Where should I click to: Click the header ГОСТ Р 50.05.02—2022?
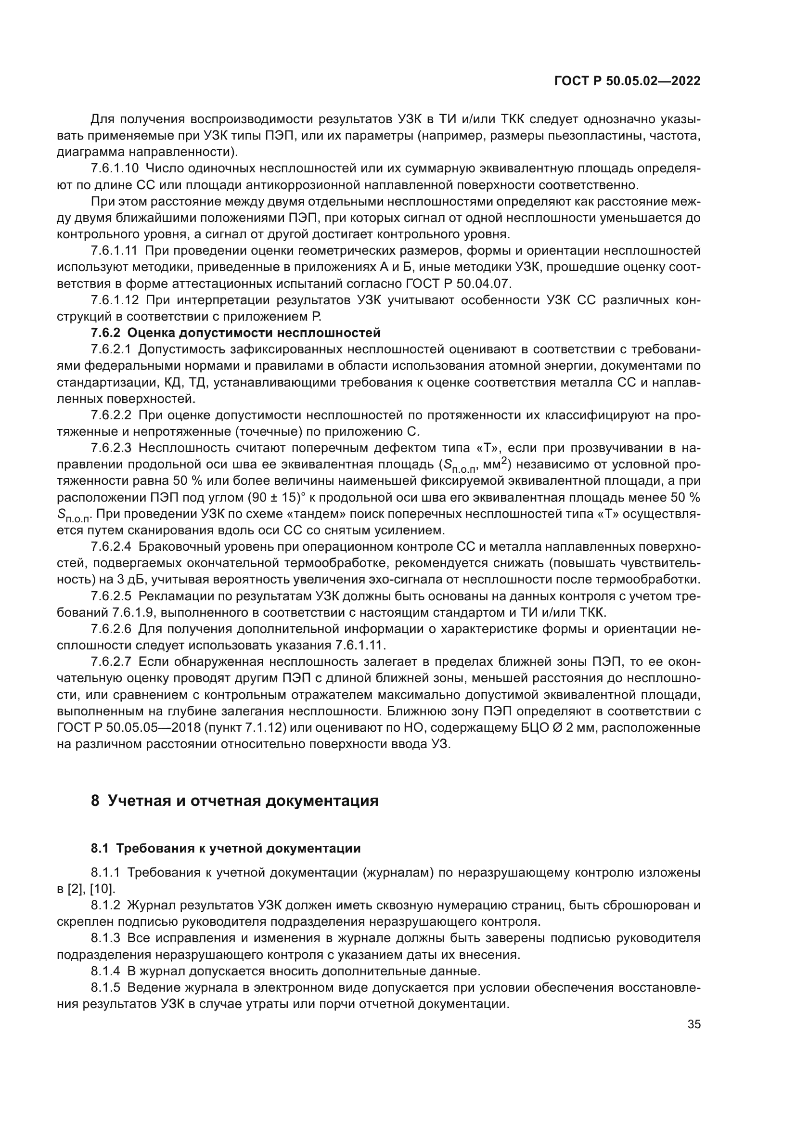click(627, 81)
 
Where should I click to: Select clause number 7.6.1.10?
click(115, 168)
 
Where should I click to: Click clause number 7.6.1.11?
click(114, 251)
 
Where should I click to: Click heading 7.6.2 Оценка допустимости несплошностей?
click(235, 333)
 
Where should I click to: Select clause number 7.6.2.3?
click(111, 448)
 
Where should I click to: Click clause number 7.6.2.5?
click(111, 596)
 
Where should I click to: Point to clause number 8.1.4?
click(105, 971)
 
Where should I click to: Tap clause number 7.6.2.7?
click(111, 662)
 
